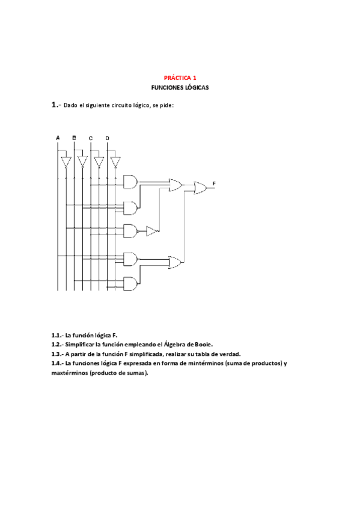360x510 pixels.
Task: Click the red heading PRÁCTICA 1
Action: click(x=180, y=78)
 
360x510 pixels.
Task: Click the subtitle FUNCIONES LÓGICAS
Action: click(x=180, y=88)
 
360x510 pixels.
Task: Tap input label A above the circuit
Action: click(x=58, y=138)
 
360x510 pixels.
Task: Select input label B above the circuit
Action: click(x=74, y=138)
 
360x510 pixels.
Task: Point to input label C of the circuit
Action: click(x=91, y=138)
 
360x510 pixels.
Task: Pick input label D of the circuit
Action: click(x=107, y=138)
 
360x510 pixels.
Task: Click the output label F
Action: click(x=214, y=182)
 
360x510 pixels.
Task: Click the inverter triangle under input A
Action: click(x=66, y=162)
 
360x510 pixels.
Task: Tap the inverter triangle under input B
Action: click(x=82, y=162)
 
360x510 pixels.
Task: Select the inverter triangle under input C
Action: click(x=99, y=162)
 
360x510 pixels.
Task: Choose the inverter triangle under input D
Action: click(x=115, y=162)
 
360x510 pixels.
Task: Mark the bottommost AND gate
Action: click(x=129, y=283)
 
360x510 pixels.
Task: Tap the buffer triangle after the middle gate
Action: click(x=153, y=231)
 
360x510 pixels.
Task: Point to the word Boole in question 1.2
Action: click(x=203, y=344)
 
